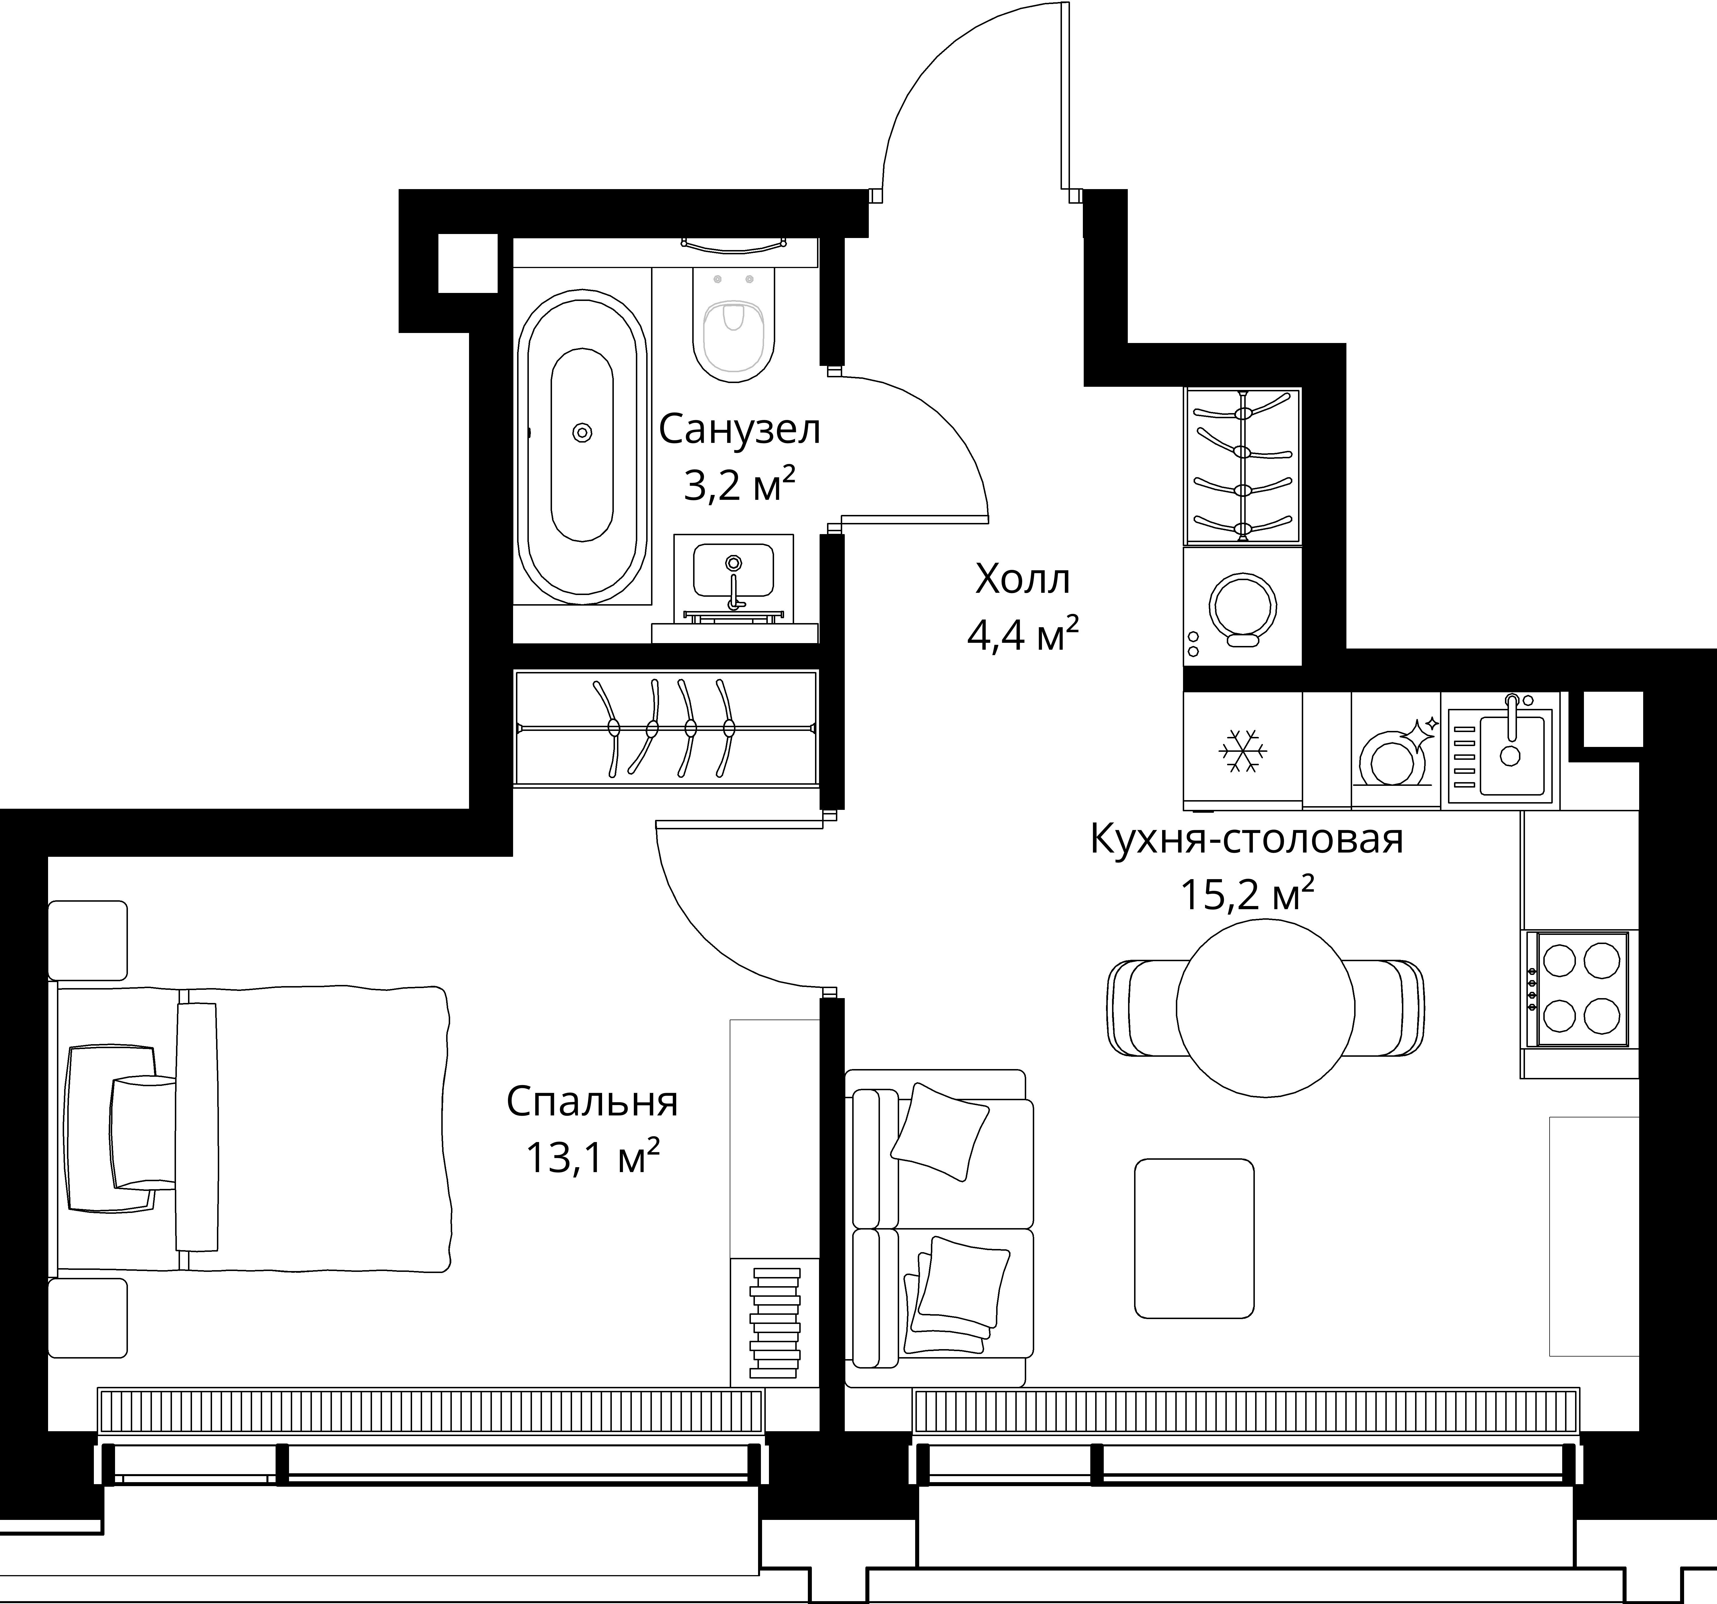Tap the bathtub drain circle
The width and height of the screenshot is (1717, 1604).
coord(582,433)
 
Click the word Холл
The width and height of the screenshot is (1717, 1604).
coord(1022,579)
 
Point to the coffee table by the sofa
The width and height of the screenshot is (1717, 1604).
coord(1194,1239)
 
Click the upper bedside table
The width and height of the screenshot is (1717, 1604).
coord(87,940)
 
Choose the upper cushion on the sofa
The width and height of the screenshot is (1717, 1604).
coord(940,1132)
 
